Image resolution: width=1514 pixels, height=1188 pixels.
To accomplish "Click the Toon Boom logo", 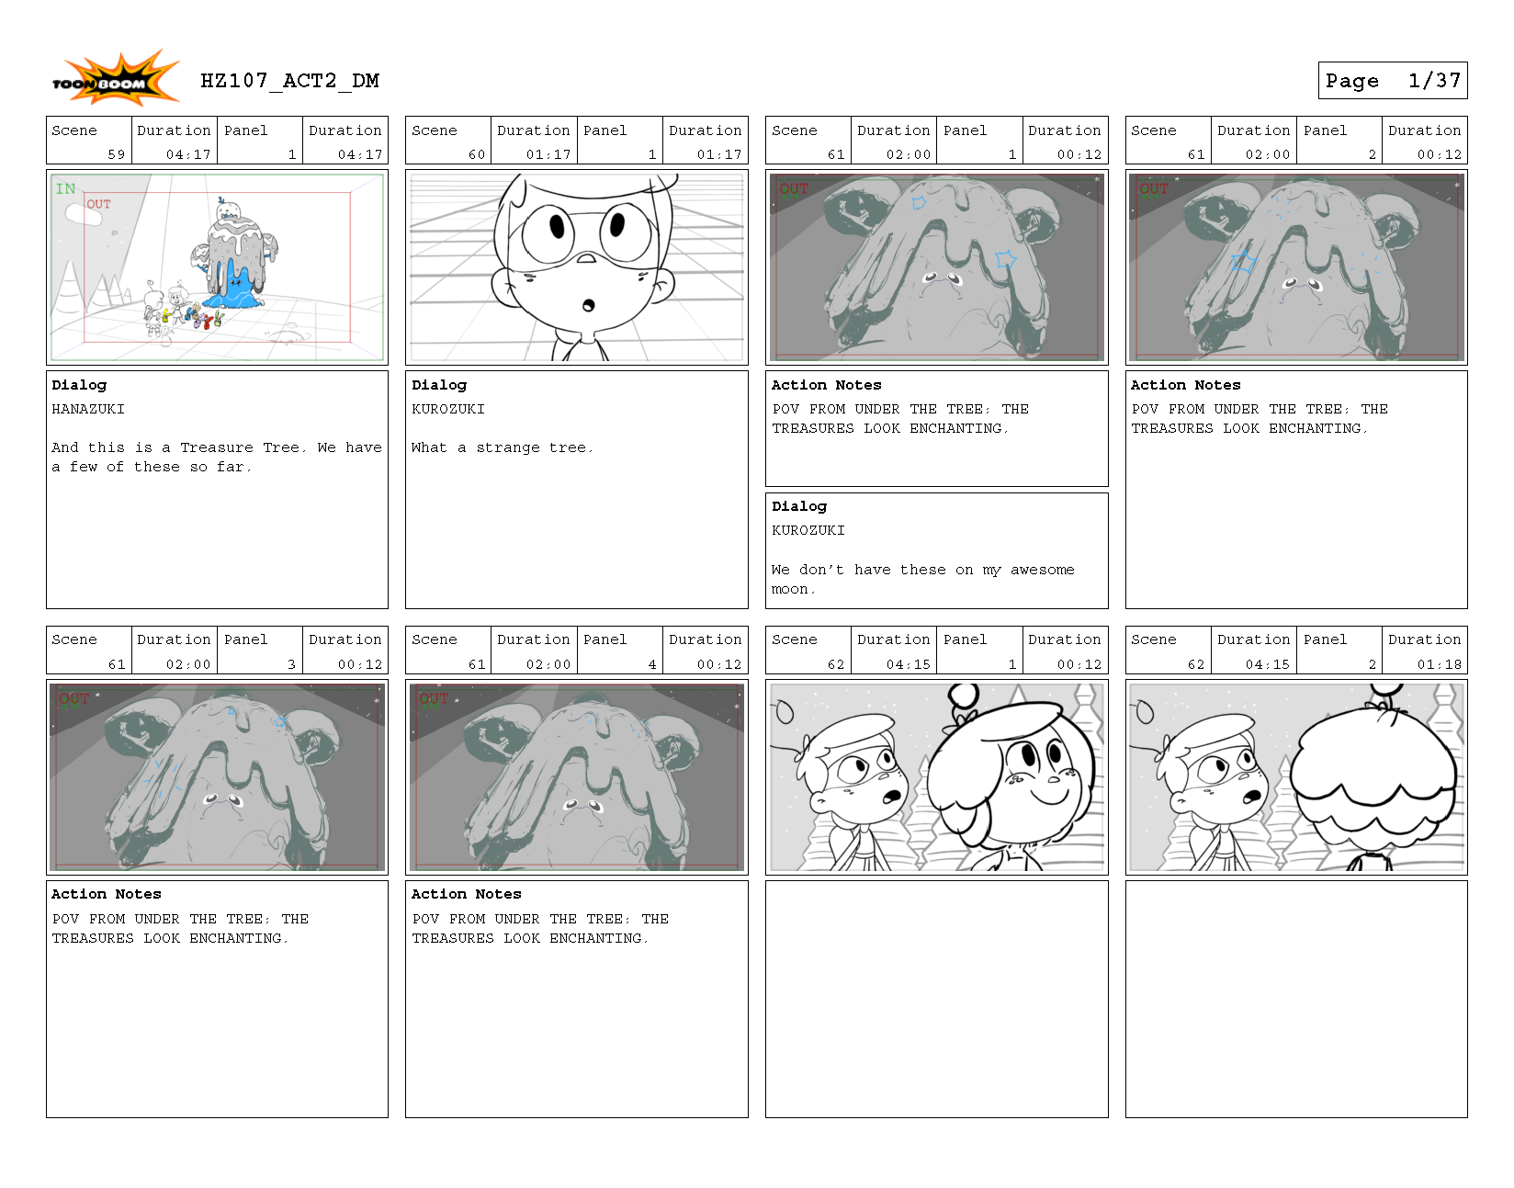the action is click(115, 78).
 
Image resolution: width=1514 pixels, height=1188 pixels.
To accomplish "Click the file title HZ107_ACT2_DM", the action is click(289, 81).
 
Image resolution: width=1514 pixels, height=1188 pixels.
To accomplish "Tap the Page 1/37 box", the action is click(1392, 80).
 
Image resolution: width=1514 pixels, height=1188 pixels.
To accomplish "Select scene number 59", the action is click(117, 154).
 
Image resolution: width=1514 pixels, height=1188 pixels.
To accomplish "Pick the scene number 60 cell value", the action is click(477, 154).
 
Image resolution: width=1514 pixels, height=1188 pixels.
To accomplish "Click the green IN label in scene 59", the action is click(65, 189).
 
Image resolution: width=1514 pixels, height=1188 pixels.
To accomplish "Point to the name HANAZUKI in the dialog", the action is click(88, 409).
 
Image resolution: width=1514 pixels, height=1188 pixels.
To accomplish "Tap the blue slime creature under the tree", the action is click(238, 287).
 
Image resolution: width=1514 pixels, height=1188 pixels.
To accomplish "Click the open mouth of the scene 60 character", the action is click(589, 305).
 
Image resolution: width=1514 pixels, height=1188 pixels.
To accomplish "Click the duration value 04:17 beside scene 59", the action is click(188, 154).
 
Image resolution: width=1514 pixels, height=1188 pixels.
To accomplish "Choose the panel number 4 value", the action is click(652, 664).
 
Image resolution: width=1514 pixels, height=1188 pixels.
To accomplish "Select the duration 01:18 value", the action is click(1439, 664).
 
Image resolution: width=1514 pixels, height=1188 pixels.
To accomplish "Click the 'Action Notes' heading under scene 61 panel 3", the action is click(106, 894).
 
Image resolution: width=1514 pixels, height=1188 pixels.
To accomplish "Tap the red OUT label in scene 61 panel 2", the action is click(1154, 189).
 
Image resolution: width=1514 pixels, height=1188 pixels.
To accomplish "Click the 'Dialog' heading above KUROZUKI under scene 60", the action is click(439, 385).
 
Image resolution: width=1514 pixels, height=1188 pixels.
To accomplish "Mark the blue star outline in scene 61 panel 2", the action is click(1243, 262).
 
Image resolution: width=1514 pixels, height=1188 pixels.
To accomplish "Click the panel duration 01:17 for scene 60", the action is click(719, 154).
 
